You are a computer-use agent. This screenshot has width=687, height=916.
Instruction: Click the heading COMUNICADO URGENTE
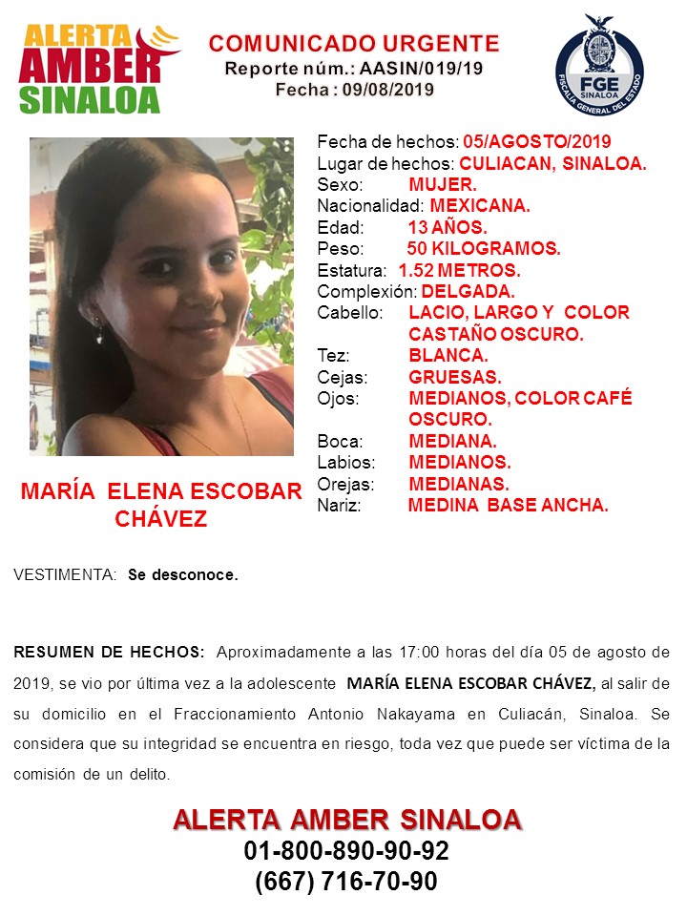[354, 43]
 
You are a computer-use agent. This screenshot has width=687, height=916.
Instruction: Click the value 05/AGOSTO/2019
[537, 142]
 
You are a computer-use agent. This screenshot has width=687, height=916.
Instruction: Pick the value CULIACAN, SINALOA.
[552, 164]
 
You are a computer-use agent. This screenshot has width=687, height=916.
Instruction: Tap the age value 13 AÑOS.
[447, 228]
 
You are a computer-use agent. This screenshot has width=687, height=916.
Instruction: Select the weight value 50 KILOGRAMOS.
[483, 249]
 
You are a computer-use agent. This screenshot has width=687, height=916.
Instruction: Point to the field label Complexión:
[366, 291]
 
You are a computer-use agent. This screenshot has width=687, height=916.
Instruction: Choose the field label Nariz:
[339, 506]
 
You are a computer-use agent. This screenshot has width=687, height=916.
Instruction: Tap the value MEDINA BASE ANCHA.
[508, 506]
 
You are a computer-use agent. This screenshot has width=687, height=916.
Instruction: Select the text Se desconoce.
[183, 575]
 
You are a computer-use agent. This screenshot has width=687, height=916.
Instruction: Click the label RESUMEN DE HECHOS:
[109, 653]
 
